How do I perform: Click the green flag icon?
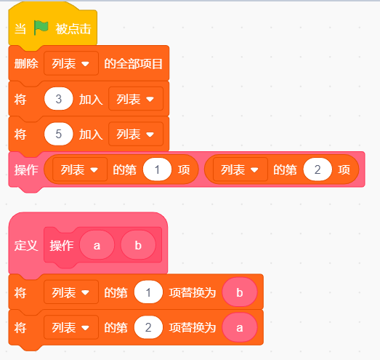41,28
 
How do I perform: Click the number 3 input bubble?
58,99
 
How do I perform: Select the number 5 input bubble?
58,134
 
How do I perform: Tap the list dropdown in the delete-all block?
71,63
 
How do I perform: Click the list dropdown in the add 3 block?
136,99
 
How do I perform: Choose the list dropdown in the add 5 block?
136,134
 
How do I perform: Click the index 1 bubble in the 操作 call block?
157,169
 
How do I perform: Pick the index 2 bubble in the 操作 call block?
318,169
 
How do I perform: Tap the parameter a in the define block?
97,245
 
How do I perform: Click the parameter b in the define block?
138,245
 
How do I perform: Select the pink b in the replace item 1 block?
240,292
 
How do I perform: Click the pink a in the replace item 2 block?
240,328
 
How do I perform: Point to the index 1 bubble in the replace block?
148,292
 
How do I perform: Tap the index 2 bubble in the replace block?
148,328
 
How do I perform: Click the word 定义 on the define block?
26,245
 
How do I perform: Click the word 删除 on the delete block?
26,64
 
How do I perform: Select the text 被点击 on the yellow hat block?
73,29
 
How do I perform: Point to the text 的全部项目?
133,64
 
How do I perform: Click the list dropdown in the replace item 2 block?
71,328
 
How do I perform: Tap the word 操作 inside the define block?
62,245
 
